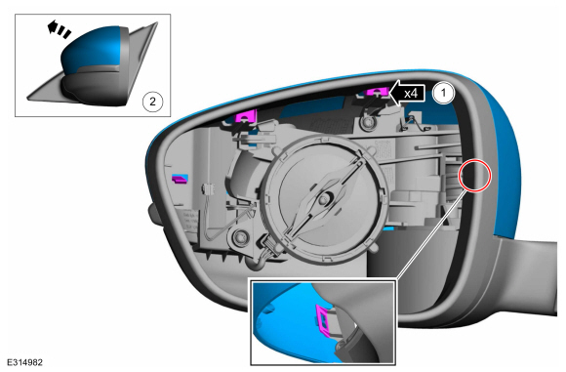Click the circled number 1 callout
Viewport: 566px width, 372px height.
tap(443, 93)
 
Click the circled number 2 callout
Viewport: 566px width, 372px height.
tap(152, 102)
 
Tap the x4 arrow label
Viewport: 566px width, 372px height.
tap(408, 94)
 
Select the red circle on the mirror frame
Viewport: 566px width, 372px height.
tap(474, 176)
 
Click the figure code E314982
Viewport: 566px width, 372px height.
tap(24, 362)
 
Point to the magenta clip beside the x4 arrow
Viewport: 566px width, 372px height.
tap(377, 92)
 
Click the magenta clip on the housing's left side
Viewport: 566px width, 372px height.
tap(180, 179)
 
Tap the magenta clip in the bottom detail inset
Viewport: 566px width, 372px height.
tap(324, 318)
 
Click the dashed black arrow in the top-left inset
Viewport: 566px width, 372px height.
tap(59, 29)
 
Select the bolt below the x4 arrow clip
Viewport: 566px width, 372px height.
tap(368, 122)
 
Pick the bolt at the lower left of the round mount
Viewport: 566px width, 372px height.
tap(239, 237)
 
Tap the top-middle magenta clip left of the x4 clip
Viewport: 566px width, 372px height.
tap(246, 115)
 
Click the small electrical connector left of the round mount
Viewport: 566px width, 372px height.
tap(209, 188)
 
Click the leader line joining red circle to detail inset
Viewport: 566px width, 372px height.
tap(429, 235)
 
